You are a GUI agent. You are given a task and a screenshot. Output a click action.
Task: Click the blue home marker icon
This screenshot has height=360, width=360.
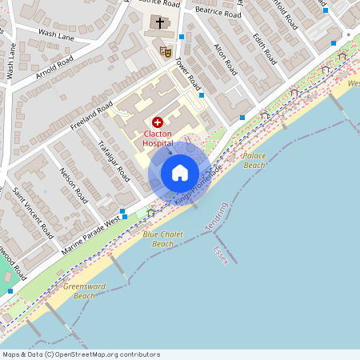click(x=179, y=173)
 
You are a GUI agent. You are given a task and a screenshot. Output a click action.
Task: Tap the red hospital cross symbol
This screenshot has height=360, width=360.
click(x=157, y=122)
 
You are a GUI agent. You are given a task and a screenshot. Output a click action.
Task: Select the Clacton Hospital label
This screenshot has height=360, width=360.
click(x=158, y=138)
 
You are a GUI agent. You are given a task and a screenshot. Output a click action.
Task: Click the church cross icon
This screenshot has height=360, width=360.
click(x=160, y=23)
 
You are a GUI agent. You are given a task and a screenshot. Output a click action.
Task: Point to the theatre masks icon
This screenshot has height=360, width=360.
click(x=166, y=52)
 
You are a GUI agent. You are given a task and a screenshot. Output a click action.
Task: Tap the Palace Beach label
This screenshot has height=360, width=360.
click(x=254, y=160)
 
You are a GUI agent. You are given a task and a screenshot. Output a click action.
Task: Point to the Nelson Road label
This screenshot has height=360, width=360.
click(x=73, y=183)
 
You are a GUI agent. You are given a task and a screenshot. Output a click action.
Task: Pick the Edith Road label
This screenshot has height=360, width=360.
click(x=264, y=49)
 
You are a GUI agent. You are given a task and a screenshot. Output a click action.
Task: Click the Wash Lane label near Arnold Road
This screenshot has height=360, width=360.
click(x=56, y=35)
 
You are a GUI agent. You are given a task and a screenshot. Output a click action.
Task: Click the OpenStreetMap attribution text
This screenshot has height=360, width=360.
click(x=80, y=354)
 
